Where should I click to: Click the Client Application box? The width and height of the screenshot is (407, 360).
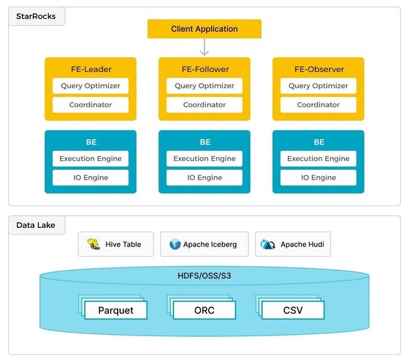(x=204, y=29)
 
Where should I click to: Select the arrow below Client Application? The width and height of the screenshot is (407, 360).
(x=205, y=47)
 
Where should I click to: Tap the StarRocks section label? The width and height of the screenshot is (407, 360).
(x=36, y=16)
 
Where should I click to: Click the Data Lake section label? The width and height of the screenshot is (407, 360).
(x=36, y=225)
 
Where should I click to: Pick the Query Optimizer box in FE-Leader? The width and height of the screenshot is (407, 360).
(x=90, y=86)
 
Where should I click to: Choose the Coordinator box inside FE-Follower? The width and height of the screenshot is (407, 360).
(x=204, y=105)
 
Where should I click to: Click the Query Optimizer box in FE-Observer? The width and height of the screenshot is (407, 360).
(x=318, y=86)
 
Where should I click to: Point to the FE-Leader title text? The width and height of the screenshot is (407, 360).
(x=91, y=69)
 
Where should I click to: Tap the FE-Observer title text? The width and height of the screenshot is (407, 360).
(x=319, y=69)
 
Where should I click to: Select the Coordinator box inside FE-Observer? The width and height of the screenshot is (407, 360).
(x=318, y=105)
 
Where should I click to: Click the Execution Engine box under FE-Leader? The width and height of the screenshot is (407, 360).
(x=90, y=158)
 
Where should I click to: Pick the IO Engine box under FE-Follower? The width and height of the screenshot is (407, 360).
(x=204, y=178)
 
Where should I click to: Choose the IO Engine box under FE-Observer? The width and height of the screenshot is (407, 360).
(x=318, y=178)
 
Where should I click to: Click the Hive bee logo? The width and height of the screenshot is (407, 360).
(x=93, y=244)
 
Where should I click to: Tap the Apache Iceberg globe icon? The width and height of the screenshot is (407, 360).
(x=175, y=244)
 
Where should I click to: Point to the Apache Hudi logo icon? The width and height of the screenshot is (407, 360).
(x=267, y=244)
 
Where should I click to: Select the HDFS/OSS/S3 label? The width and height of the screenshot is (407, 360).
(x=204, y=275)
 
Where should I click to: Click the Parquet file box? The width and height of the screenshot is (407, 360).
(x=116, y=310)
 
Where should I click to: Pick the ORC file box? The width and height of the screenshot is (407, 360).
(x=204, y=310)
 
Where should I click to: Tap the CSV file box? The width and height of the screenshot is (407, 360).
(x=293, y=310)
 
